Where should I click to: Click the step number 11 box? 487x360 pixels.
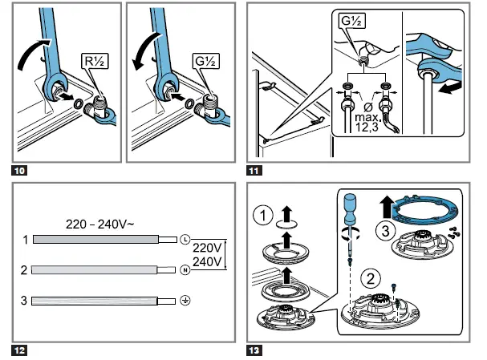(255, 171)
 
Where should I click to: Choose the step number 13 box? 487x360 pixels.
(255, 349)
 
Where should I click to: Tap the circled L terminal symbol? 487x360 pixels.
(185, 240)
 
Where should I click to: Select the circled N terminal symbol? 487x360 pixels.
(185, 270)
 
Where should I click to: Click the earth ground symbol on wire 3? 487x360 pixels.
(185, 301)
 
